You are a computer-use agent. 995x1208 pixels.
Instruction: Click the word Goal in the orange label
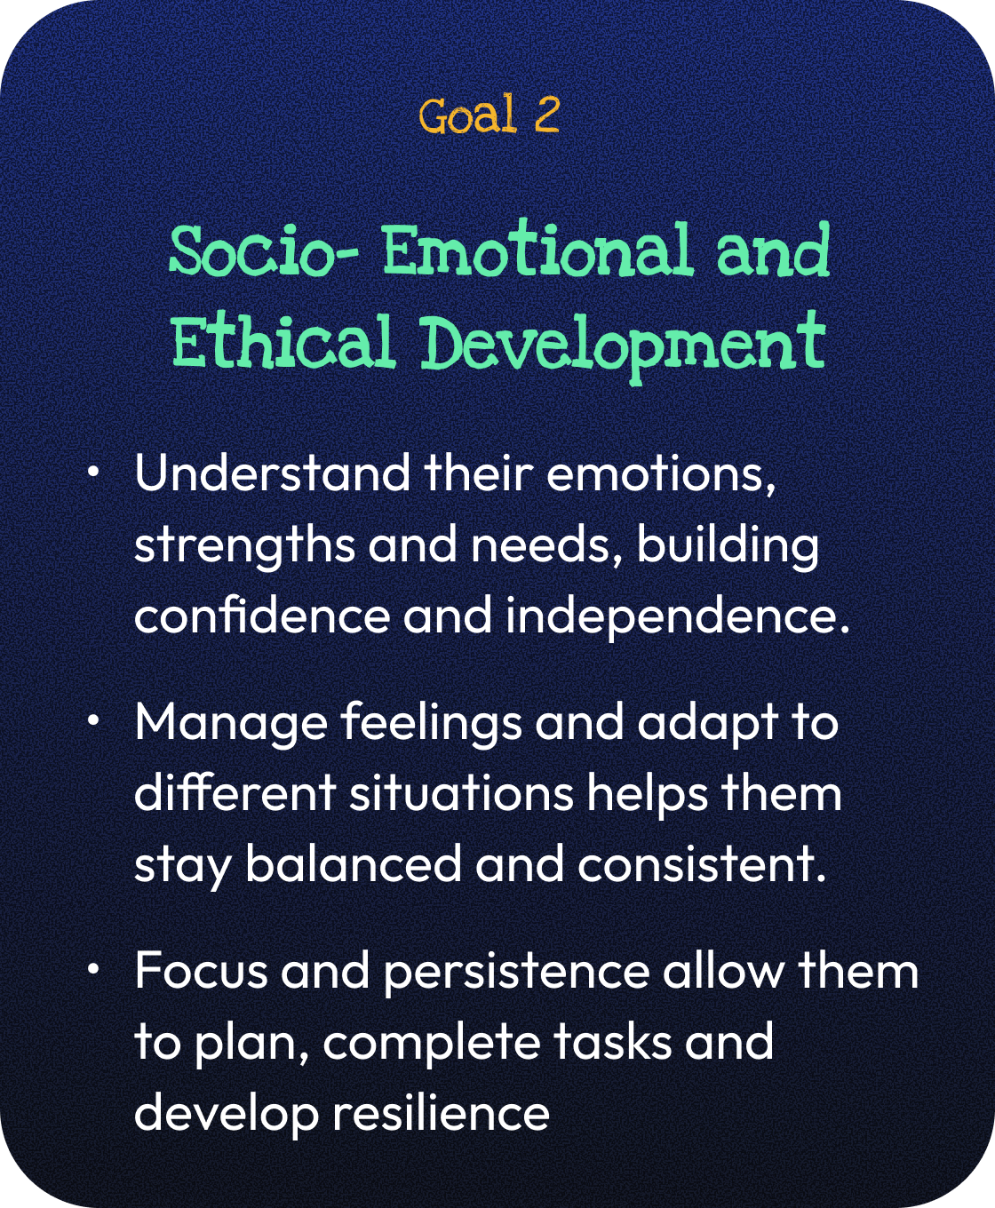point(467,115)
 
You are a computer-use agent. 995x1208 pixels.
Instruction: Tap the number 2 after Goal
point(546,115)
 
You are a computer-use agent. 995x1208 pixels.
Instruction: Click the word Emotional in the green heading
point(537,250)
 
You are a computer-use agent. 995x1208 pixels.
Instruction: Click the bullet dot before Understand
point(92,473)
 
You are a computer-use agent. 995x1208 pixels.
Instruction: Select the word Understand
point(272,473)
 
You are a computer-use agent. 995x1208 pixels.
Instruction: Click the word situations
point(462,792)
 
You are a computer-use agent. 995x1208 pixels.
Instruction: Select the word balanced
point(354,863)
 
